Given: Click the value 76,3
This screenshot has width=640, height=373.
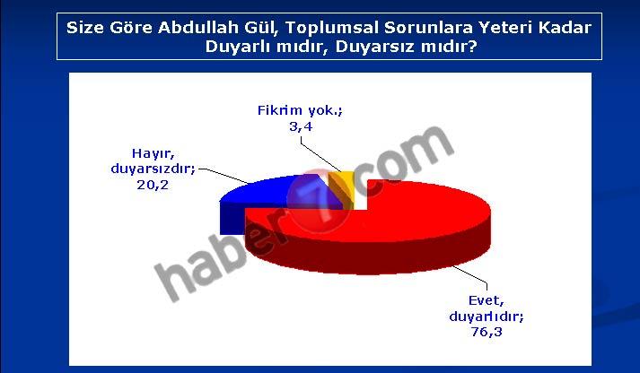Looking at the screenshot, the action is point(487,332).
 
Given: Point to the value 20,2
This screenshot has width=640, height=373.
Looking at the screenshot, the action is point(153,185).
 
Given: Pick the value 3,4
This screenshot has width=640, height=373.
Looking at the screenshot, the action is point(301,126).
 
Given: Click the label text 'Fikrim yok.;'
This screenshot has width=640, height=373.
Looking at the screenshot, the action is point(300,110).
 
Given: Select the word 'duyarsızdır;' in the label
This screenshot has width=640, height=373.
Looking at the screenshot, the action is point(153,169).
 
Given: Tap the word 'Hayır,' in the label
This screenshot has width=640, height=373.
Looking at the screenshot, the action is point(153,153).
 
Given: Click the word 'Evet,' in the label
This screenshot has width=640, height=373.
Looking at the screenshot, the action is point(487,301).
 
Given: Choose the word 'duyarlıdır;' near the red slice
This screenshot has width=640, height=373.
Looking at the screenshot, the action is point(487,317).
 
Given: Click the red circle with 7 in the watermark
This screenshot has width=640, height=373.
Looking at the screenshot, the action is point(319,201).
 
